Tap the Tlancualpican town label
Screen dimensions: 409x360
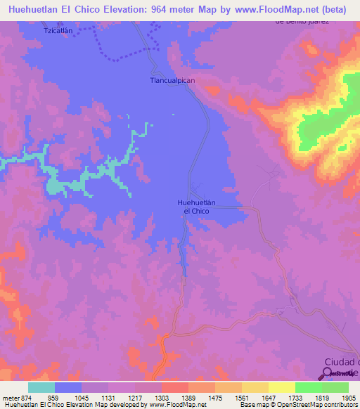(x=172, y=81)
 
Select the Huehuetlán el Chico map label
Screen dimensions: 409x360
(x=196, y=207)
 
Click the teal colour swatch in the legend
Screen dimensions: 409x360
(x=41, y=387)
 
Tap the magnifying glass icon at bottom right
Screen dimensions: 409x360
(x=326, y=373)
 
